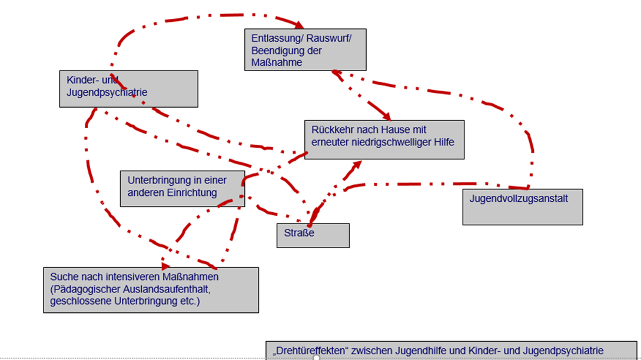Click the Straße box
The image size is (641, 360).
313,235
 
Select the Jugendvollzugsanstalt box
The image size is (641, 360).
522,206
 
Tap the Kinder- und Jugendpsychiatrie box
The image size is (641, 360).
128,89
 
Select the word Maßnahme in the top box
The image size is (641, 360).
277,62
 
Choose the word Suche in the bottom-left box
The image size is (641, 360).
63,276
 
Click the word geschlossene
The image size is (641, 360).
76,301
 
